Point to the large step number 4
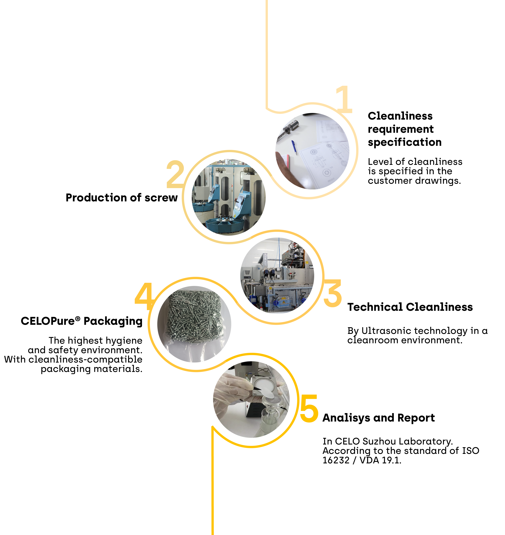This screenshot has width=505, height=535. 145,296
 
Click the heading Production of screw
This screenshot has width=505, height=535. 122,198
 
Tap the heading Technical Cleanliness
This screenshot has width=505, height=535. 410,307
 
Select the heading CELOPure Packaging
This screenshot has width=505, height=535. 82,321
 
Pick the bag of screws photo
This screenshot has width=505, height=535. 194,324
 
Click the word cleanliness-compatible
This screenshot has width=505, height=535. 85,360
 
